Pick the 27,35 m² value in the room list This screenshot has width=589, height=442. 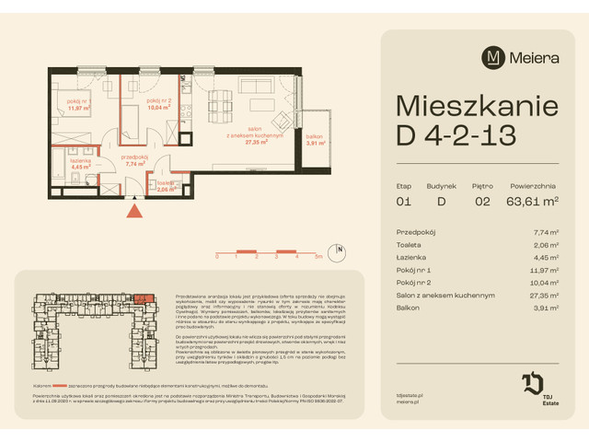pos(549,296)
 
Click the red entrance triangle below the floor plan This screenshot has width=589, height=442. pos(134,212)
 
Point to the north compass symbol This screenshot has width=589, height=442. pos(339,250)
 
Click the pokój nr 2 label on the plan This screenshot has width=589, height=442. pos(159,100)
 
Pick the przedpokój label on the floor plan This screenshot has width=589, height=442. pos(136,157)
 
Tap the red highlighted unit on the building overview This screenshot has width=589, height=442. pos(142,298)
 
